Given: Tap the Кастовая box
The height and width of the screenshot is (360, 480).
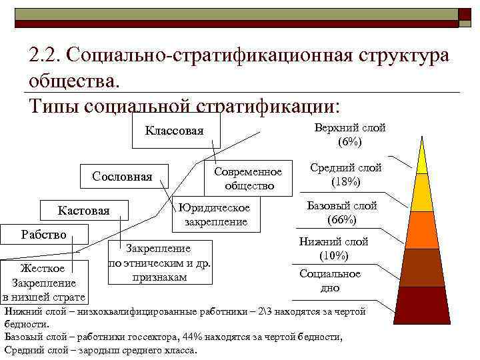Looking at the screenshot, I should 84,211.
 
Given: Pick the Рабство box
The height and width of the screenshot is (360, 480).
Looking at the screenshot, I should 44,235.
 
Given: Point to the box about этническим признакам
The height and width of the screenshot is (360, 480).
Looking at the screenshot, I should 159,262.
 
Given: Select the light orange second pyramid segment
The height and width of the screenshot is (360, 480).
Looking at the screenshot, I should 422,193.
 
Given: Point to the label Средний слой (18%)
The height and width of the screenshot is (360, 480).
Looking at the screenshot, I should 345,175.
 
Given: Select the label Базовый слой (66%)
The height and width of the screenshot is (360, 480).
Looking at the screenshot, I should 341,212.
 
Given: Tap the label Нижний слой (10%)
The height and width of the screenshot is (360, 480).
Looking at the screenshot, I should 333,249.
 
